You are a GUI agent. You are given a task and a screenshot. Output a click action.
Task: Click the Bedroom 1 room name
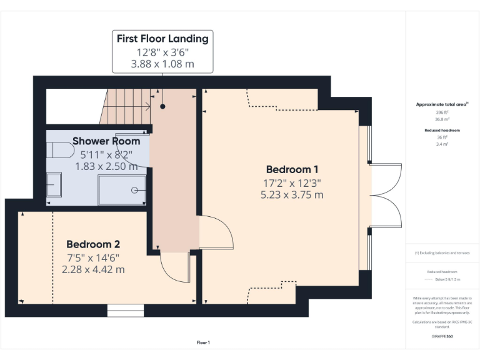(x=292, y=169)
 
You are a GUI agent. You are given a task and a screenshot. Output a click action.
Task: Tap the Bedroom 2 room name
(x=93, y=244)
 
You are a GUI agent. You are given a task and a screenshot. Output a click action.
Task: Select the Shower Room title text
(x=106, y=141)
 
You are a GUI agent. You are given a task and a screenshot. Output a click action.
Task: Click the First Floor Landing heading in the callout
(x=162, y=39)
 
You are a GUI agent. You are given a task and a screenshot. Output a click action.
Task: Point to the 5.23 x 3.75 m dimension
(x=292, y=195)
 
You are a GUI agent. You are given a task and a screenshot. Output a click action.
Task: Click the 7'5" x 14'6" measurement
(x=93, y=257)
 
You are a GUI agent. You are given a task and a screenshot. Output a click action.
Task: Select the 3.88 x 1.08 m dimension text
(x=162, y=64)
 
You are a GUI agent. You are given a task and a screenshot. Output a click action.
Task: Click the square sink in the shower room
(x=54, y=184)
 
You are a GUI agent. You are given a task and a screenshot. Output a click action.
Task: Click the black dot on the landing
(x=162, y=106)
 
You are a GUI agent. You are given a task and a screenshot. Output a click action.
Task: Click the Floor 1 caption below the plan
(x=203, y=342)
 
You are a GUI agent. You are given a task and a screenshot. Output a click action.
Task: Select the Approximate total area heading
(x=442, y=104)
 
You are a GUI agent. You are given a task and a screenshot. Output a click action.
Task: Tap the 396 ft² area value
(x=442, y=112)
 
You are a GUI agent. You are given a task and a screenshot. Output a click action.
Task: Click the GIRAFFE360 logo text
(x=442, y=336)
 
